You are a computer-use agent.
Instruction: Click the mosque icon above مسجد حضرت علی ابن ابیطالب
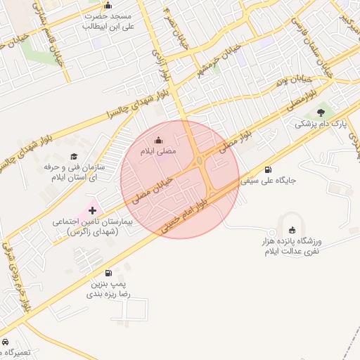[108, 6]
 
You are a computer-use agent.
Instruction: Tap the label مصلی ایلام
[162, 151]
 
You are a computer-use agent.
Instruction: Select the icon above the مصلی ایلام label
[157, 139]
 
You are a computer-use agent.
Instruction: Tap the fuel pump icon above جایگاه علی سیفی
[268, 169]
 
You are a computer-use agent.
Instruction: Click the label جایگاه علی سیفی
[269, 181]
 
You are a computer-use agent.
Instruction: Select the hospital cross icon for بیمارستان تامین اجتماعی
[93, 210]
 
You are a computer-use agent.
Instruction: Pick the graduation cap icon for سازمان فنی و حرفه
[74, 156]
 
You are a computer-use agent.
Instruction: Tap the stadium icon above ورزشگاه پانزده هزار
[292, 229]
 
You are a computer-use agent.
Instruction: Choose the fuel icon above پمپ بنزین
[108, 273]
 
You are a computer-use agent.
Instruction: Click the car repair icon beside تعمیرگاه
[6, 342]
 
